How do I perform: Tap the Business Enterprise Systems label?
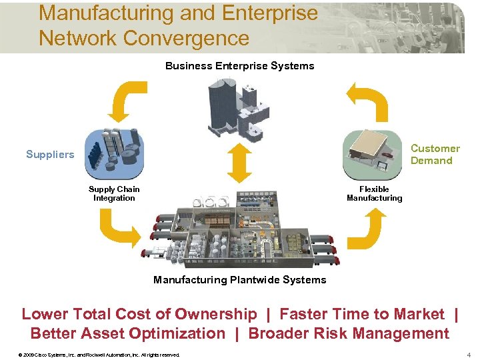(x=239, y=66)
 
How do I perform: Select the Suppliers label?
(x=50, y=155)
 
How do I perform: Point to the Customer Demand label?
(x=435, y=155)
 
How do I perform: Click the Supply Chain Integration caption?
(x=114, y=193)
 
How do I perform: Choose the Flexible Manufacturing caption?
(x=374, y=193)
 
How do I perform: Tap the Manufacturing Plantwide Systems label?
(x=239, y=280)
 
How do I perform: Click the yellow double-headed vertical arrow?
(x=239, y=163)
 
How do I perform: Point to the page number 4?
(x=469, y=354)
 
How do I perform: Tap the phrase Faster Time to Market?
(x=361, y=314)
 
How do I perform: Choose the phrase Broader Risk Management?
(x=349, y=333)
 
